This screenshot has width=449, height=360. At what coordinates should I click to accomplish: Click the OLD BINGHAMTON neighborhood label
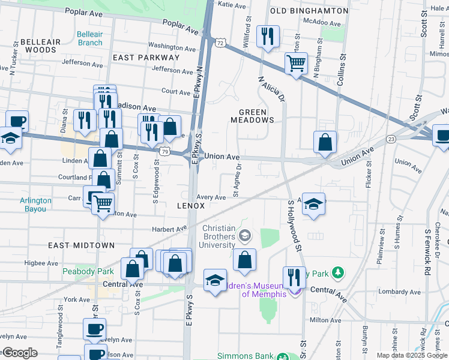pyautogui.click(x=309, y=11)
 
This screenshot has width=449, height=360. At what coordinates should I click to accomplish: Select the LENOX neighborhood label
pyautogui.click(x=191, y=206)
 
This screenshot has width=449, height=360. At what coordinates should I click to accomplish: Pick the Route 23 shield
pyautogui.click(x=391, y=139)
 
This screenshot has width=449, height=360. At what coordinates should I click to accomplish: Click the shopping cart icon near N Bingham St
pyautogui.click(x=296, y=62)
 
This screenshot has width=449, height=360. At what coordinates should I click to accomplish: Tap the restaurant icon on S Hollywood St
pyautogui.click(x=294, y=277)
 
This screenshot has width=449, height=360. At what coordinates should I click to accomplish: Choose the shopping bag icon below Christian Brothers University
pyautogui.click(x=244, y=260)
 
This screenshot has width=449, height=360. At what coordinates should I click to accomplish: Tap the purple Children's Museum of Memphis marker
pyautogui.click(x=294, y=292)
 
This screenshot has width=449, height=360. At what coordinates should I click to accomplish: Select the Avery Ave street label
pyautogui.click(x=211, y=197)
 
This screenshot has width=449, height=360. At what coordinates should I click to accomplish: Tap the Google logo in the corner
pyautogui.click(x=19, y=353)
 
